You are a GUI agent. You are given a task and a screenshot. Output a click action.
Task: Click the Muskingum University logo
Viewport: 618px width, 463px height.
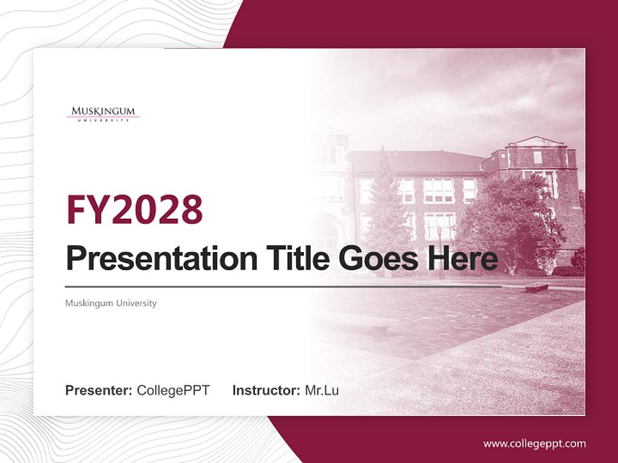(x=103, y=113)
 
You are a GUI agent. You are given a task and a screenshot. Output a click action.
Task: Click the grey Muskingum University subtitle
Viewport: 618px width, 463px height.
(x=111, y=303)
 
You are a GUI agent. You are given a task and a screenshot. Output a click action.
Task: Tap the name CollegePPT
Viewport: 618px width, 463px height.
(x=173, y=390)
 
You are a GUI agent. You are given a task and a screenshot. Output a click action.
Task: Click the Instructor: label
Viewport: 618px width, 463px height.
(x=266, y=390)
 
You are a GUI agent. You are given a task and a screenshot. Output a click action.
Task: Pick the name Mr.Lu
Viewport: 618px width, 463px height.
(x=321, y=390)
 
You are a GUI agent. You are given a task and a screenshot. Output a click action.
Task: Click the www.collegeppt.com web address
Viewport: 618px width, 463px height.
(x=534, y=444)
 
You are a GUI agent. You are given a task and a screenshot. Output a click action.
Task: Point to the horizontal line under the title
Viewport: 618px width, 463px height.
(x=283, y=287)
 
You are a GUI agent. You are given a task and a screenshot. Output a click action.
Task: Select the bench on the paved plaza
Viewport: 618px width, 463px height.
(x=536, y=287)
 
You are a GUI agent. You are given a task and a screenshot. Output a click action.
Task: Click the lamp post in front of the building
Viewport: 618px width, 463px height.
(x=440, y=251)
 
